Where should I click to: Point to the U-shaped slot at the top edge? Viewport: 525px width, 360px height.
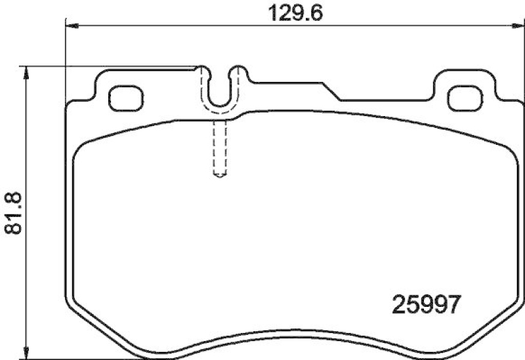pos(221,92)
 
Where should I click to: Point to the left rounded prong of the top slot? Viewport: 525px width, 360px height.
pos(203,69)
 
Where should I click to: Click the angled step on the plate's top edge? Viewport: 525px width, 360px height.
pos(331,90)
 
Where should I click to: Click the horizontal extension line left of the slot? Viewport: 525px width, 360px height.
pos(112,66)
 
